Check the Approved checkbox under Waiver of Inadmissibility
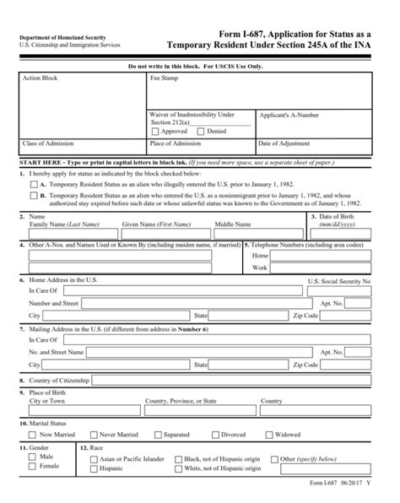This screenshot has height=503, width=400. pyautogui.click(x=154, y=131)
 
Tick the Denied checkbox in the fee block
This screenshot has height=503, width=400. pyautogui.click(x=200, y=131)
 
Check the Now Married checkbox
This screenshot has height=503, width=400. pyautogui.click(x=34, y=435)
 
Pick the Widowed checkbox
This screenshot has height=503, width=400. pyautogui.click(x=269, y=435)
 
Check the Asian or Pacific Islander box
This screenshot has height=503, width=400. pyautogui.click(x=93, y=457)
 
